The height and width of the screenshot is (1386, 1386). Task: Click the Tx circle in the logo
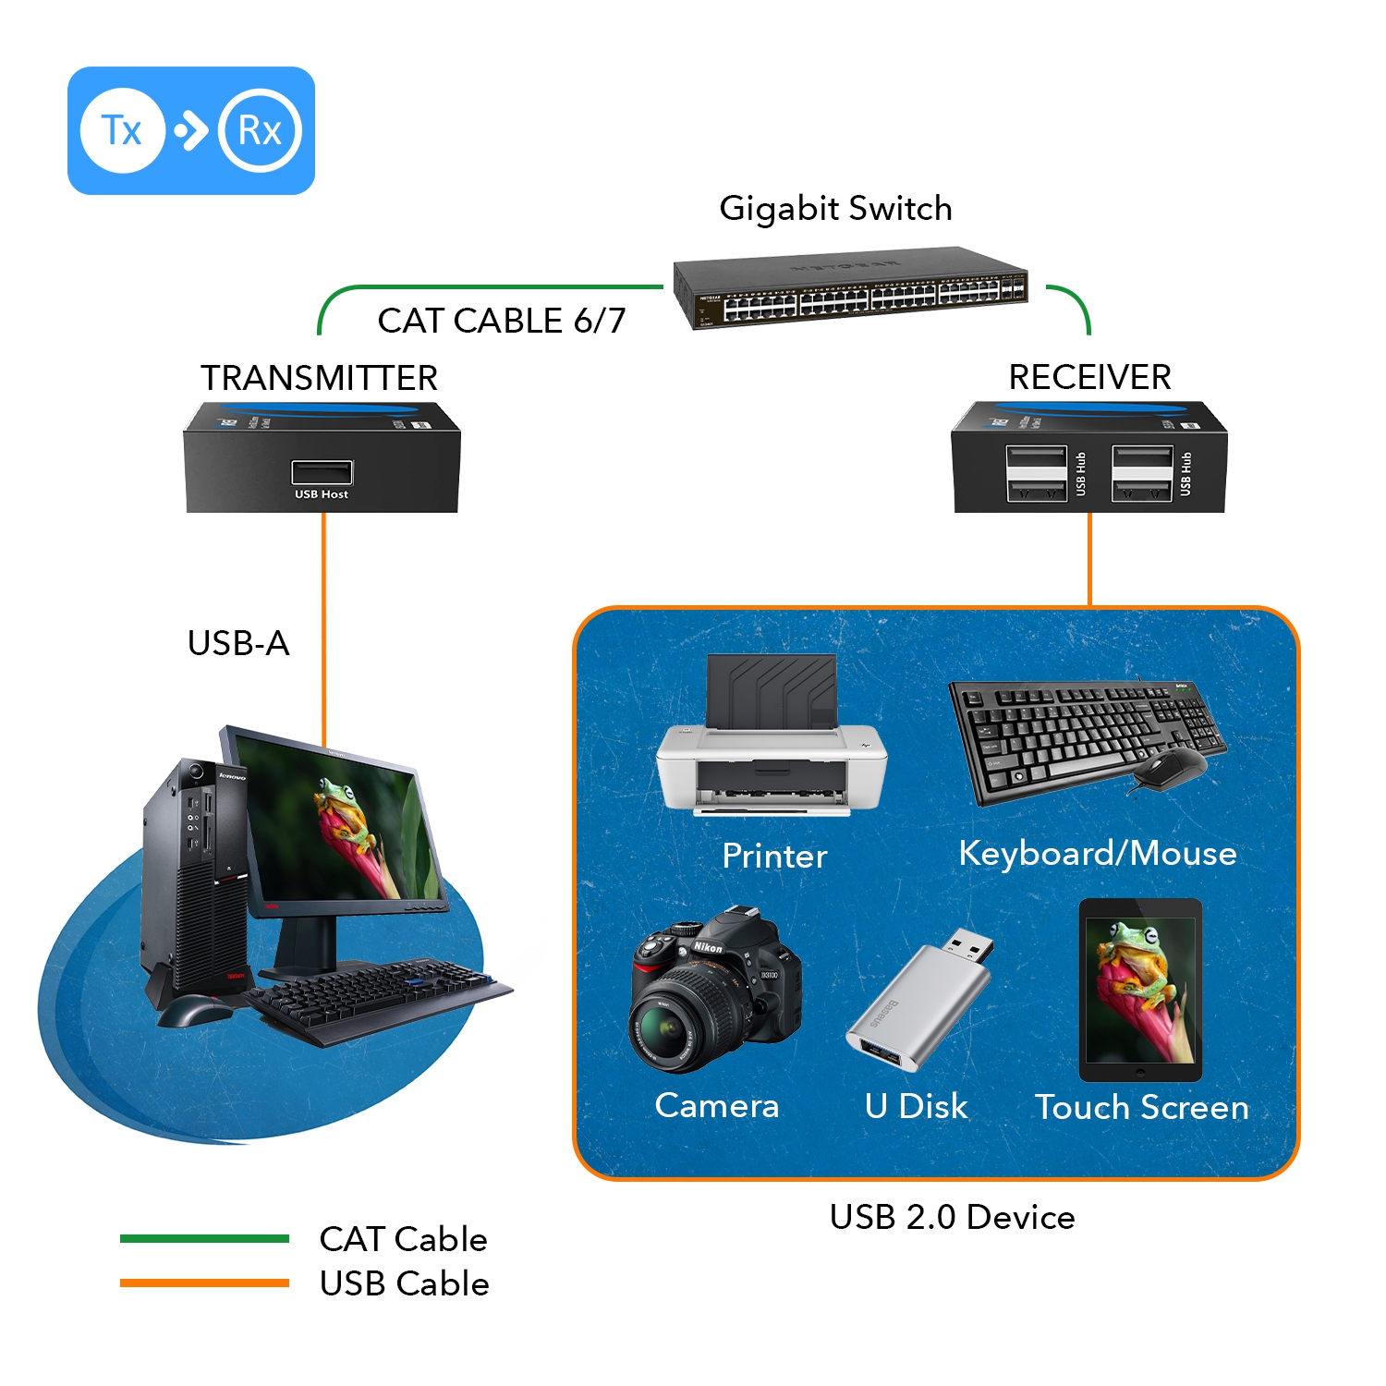pos(122,130)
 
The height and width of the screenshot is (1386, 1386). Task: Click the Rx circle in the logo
pos(260,130)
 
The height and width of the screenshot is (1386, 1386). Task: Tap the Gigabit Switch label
pos(835,209)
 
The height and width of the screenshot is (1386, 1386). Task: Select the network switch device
pos(851,288)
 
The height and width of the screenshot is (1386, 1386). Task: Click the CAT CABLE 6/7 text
pos(501,321)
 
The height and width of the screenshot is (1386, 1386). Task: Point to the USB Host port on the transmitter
pos(322,472)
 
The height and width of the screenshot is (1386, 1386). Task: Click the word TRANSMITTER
pos(319,378)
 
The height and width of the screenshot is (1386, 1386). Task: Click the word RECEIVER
pos(1089,377)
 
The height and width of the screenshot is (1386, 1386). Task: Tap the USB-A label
pos(238,643)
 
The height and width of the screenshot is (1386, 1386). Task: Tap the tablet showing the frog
pos(1140,990)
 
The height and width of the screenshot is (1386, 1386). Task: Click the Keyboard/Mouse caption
pos(1097,853)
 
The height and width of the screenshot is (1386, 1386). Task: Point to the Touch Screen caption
pos(1141,1107)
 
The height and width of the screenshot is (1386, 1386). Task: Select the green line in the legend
pos(204,1239)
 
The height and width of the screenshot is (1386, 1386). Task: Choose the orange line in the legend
pos(204,1283)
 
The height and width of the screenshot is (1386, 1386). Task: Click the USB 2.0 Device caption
pos(952,1217)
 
